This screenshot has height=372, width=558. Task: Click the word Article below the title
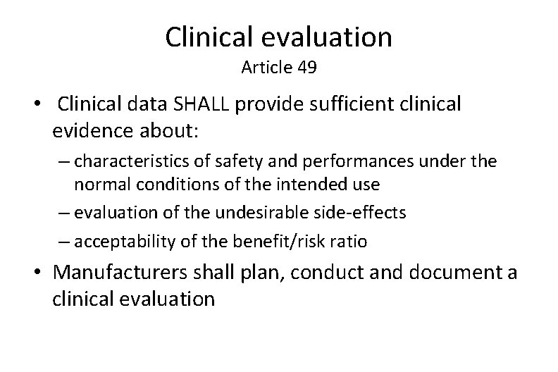coord(267,68)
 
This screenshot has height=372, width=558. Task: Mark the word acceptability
coord(118,242)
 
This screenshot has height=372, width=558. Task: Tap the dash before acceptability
coord(65,242)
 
